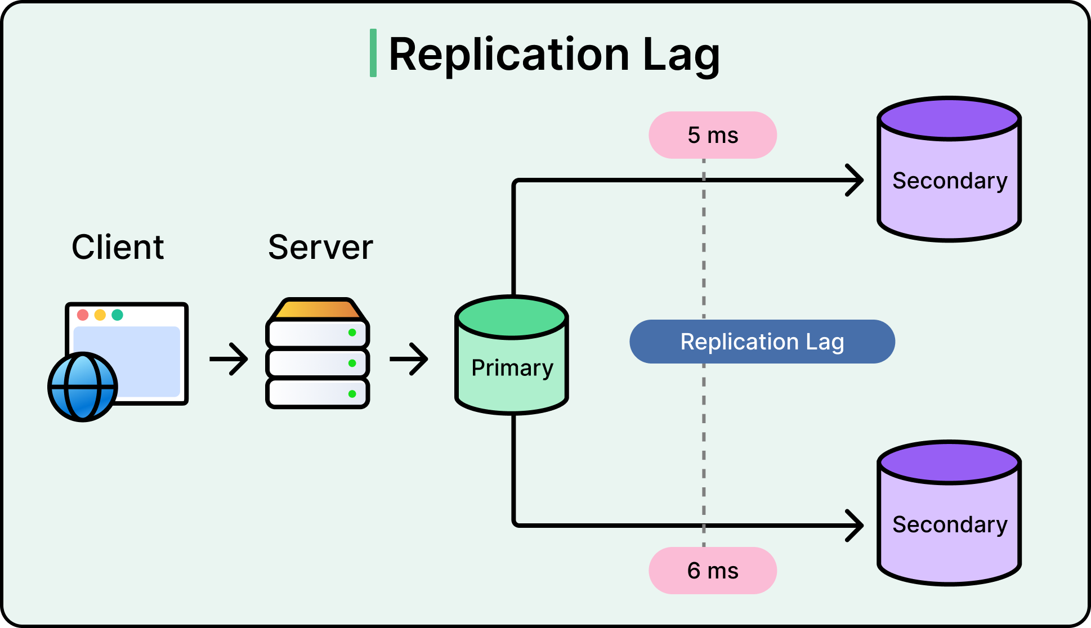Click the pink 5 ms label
[712, 135]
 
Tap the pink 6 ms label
[712, 571]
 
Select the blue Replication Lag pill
[762, 342]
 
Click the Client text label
[118, 247]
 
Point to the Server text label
[320, 247]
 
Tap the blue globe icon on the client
[83, 387]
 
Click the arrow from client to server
[229, 358]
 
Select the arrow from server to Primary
[409, 358]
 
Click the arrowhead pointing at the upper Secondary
[856, 180]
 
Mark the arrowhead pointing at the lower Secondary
[856, 525]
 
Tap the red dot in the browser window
[83, 315]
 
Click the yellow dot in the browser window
[100, 315]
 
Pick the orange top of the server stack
[318, 309]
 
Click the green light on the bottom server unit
[352, 394]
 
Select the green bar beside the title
[373, 53]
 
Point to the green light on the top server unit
[352, 333]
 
